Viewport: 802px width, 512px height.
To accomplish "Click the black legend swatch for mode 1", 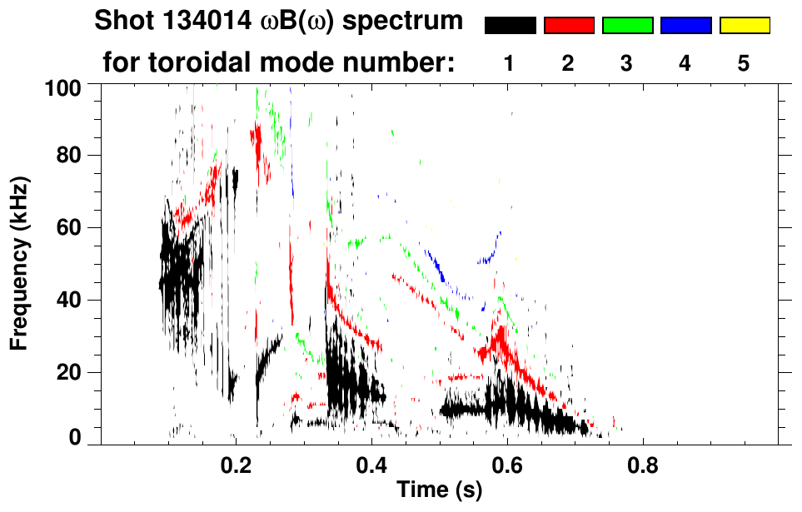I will pyautogui.click(x=510, y=26).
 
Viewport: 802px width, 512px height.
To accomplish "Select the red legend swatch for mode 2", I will pyautogui.click(x=568, y=26).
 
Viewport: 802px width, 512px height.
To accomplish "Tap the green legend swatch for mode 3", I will pyautogui.click(x=627, y=26).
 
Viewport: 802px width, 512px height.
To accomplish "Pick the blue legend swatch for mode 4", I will pyautogui.click(x=685, y=26).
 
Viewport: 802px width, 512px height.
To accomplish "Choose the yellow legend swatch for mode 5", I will pyautogui.click(x=744, y=26).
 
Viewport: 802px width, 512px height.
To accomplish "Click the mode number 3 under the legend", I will pyautogui.click(x=627, y=64).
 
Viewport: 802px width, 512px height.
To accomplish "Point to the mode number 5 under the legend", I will pyautogui.click(x=744, y=64).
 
